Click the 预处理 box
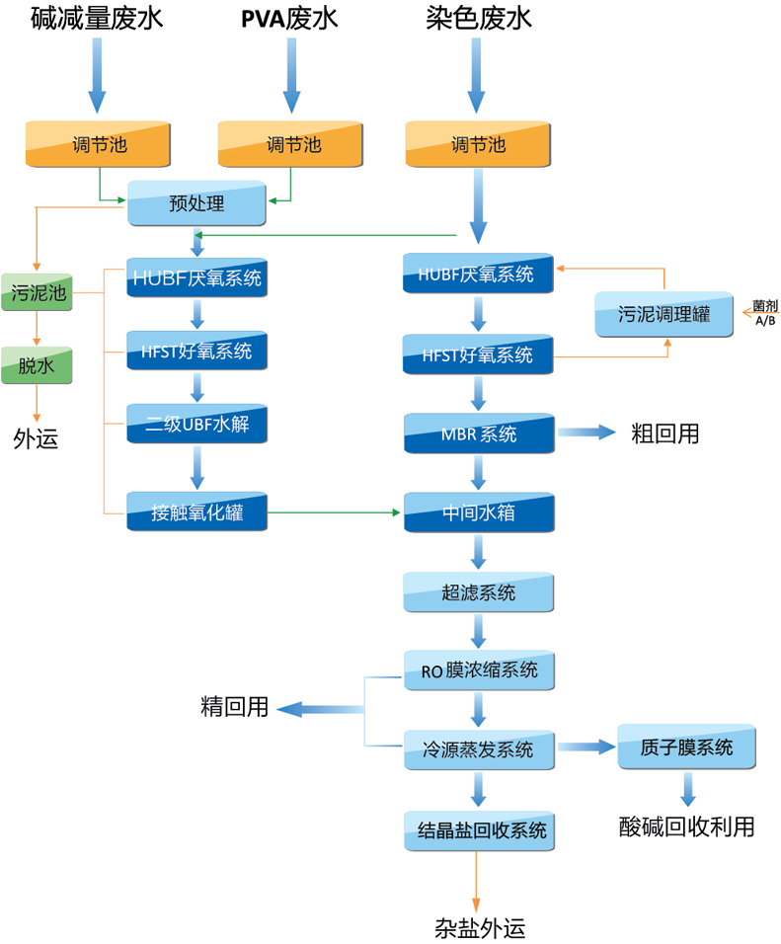click(x=197, y=204)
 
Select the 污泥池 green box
click(x=37, y=293)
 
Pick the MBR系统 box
click(x=479, y=433)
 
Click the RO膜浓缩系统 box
click(x=479, y=670)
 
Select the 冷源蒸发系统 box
click(x=479, y=749)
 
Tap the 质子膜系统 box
click(x=687, y=747)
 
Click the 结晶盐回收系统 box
click(x=479, y=830)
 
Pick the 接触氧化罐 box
click(x=197, y=512)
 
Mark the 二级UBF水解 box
click(x=197, y=428)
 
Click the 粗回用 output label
click(x=665, y=433)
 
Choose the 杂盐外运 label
click(x=480, y=927)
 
